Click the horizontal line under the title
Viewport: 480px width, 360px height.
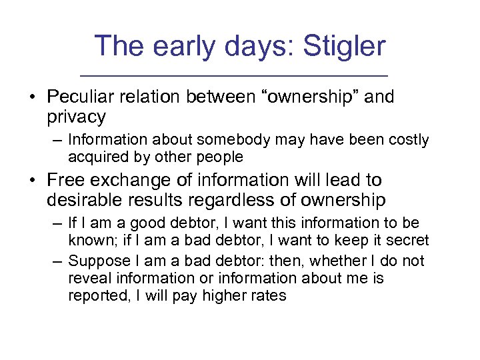(x=240, y=73)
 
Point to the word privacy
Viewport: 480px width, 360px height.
(x=76, y=117)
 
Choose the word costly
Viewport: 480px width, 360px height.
(x=407, y=140)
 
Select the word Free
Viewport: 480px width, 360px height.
(x=66, y=180)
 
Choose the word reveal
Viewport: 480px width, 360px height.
(x=87, y=278)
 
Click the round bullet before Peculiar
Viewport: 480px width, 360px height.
(x=32, y=97)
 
